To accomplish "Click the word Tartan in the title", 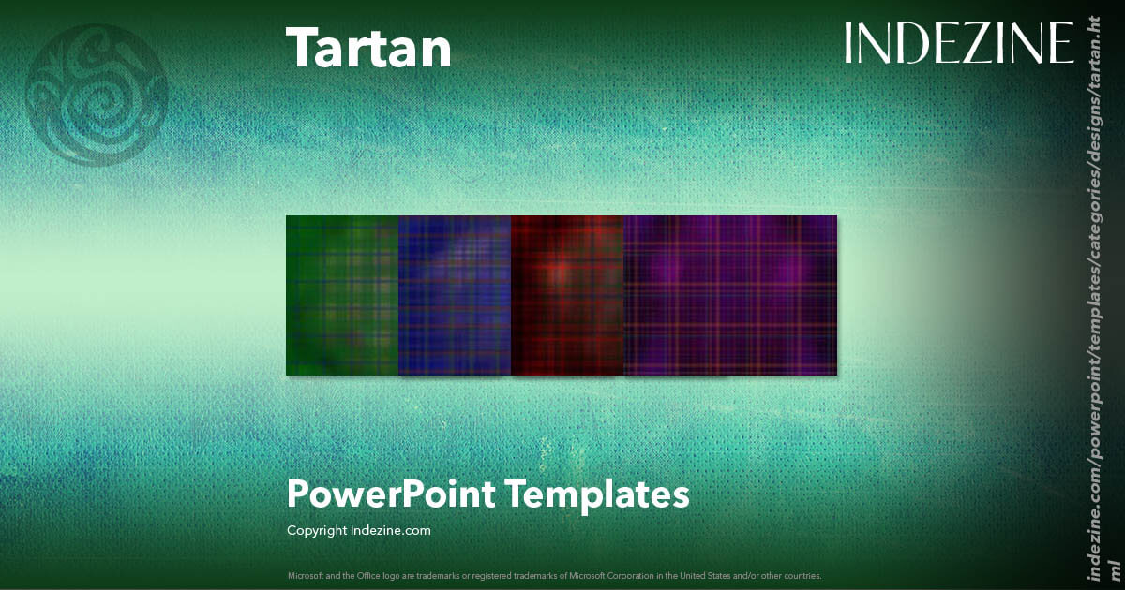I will [x=367, y=48].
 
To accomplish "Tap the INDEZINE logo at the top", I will [x=958, y=44].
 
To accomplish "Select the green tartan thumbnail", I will [x=342, y=295].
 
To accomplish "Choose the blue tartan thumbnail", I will [x=455, y=295].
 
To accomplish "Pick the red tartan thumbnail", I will [x=567, y=295].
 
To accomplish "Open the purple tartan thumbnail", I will [x=730, y=295].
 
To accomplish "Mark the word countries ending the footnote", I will [x=804, y=575].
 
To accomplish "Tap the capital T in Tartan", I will [x=302, y=48].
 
